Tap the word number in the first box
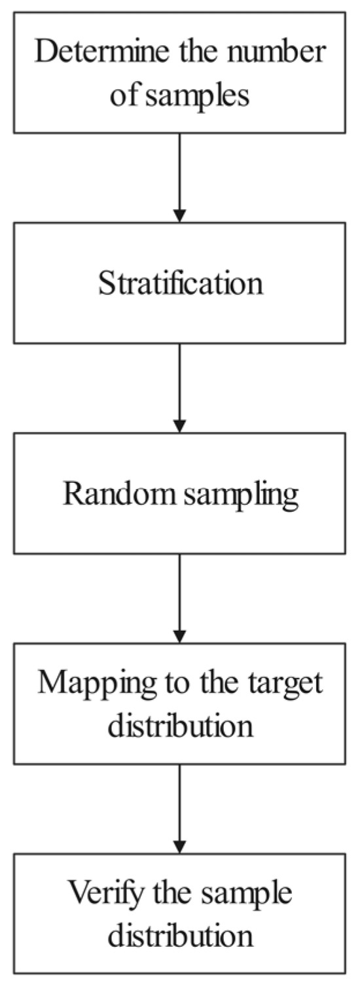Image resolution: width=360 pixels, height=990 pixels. [278, 52]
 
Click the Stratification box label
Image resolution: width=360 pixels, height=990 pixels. [180, 283]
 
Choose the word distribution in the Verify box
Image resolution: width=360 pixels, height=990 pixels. [180, 935]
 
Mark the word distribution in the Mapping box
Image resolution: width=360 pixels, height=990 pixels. [180, 725]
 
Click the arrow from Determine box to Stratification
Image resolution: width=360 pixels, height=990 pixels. [180, 177]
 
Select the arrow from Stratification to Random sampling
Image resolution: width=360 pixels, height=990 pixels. [180, 386]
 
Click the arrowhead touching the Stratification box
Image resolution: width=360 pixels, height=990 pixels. [180, 216]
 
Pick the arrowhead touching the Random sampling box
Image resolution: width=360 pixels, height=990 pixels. [180, 427]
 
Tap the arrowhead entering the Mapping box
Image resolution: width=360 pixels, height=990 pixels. [180, 636]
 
